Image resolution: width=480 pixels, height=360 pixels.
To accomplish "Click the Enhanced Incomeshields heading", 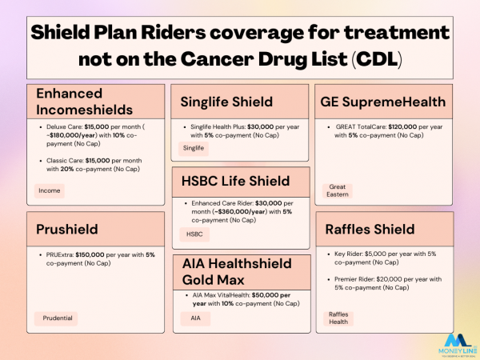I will (x=83, y=102).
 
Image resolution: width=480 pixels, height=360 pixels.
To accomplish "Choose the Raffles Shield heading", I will (x=369, y=230).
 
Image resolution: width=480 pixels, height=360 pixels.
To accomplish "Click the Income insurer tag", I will (x=50, y=190).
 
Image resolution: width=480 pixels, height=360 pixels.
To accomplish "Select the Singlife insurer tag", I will (x=194, y=148).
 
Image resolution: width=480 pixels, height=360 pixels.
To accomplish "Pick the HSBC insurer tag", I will (x=194, y=234).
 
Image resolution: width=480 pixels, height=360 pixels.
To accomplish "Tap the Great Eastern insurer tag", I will (x=338, y=190).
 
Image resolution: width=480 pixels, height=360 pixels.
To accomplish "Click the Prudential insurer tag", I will (x=58, y=318).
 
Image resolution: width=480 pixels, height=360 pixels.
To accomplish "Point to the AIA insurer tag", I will (x=195, y=318).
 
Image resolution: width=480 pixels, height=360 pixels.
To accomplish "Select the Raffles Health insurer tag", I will (x=339, y=318).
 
